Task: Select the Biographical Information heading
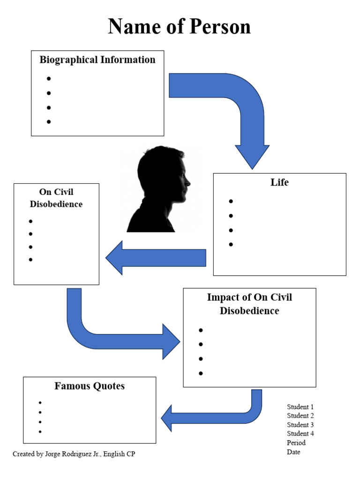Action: [97, 60]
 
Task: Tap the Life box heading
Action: [279, 182]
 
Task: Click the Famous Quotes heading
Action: [90, 386]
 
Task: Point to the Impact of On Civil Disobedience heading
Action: [249, 304]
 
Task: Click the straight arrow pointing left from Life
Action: [157, 258]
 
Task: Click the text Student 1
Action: [300, 407]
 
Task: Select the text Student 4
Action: [300, 434]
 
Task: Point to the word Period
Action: [296, 442]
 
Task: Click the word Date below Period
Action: [293, 452]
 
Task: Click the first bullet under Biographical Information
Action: [49, 79]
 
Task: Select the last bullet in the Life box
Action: [231, 244]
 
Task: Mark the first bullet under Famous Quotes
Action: [40, 403]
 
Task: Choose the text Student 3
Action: [300, 425]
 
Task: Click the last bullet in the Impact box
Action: [201, 373]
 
